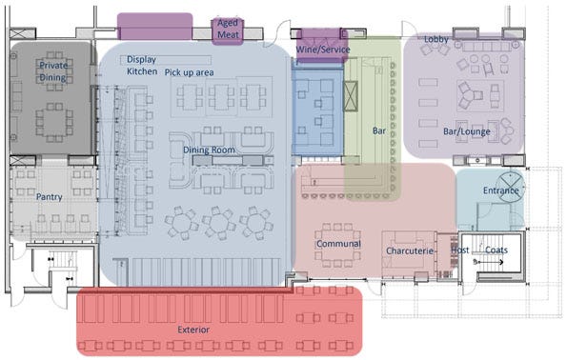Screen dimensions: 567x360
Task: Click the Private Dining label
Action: pos(53,71)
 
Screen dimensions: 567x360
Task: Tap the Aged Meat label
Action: pos(228,29)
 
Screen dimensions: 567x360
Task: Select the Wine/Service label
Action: pos(323,50)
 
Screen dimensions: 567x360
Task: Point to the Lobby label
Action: pos(436,39)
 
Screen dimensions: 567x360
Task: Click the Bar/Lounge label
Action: pos(467,131)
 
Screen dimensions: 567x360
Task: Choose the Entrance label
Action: pos(501,190)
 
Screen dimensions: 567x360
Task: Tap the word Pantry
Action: pos(50,197)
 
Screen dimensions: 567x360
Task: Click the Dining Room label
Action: pos(209,150)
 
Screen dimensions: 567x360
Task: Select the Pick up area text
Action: pos(189,72)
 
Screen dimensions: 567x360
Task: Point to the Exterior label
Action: pos(193,330)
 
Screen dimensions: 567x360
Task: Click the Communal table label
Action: pos(338,244)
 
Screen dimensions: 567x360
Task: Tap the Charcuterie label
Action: pos(410,250)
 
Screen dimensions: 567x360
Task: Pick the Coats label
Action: pos(496,250)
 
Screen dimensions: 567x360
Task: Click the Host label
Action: pos(459,250)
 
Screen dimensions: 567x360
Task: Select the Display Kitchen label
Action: pos(141,66)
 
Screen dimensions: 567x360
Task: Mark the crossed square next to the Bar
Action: pos(350,96)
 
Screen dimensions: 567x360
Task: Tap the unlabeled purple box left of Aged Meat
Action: pos(154,27)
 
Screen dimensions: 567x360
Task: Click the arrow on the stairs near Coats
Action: pos(489,262)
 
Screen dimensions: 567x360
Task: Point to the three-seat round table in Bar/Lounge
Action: pos(469,95)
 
